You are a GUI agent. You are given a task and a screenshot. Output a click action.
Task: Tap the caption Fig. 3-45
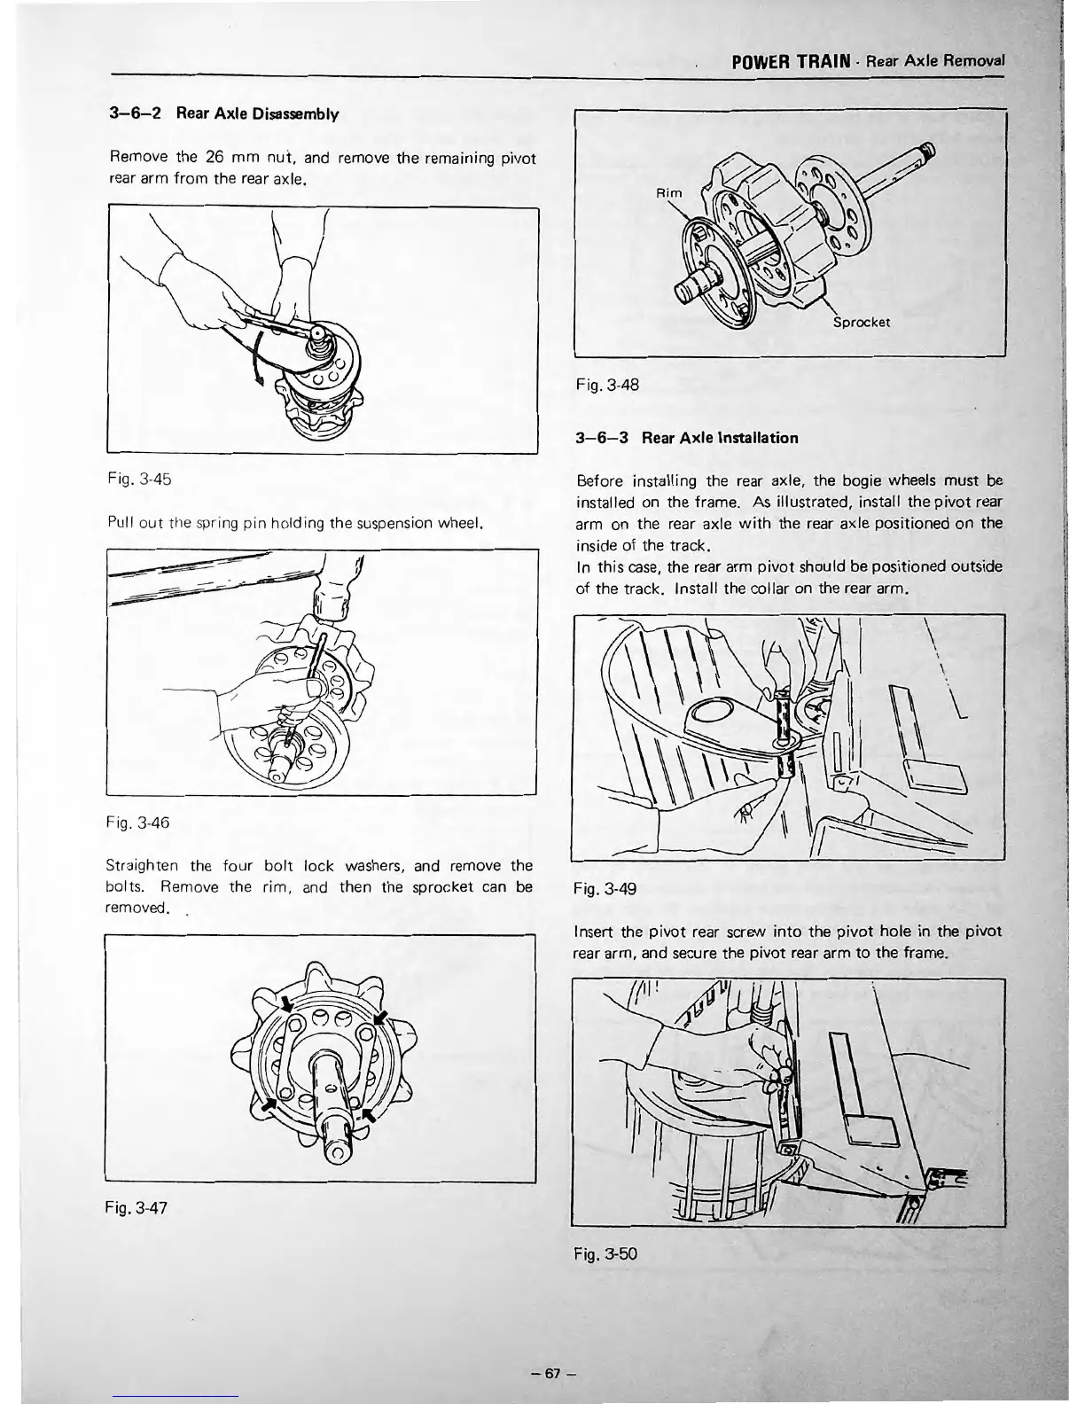(137, 480)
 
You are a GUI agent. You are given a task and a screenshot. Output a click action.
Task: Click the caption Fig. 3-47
(137, 1207)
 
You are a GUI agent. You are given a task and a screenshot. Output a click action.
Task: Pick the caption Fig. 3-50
(606, 1254)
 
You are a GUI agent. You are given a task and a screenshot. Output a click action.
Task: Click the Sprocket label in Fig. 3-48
(862, 323)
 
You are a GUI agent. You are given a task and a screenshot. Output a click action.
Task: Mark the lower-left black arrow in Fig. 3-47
(269, 1104)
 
